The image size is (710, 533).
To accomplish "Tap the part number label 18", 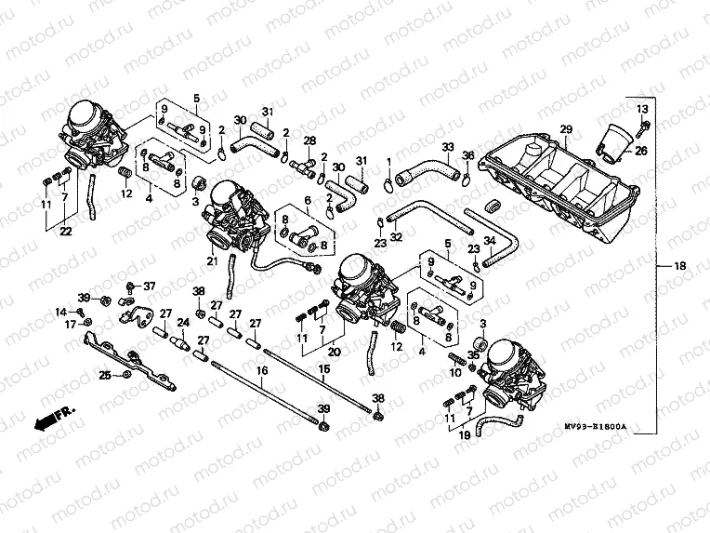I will [680, 267].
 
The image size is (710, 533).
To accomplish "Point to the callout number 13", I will [642, 110].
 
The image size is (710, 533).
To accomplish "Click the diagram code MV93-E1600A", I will [596, 427].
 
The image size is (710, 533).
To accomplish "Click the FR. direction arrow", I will [54, 417].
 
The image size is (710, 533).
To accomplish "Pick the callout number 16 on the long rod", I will [261, 369].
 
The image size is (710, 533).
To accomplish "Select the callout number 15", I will [324, 369].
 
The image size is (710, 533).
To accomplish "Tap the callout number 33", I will [448, 147].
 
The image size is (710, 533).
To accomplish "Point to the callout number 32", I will [396, 237].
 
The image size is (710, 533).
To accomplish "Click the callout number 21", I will [212, 261].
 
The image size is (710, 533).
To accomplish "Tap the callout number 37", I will [150, 286].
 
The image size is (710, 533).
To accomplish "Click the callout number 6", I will [308, 200].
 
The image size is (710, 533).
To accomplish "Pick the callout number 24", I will [183, 323].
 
